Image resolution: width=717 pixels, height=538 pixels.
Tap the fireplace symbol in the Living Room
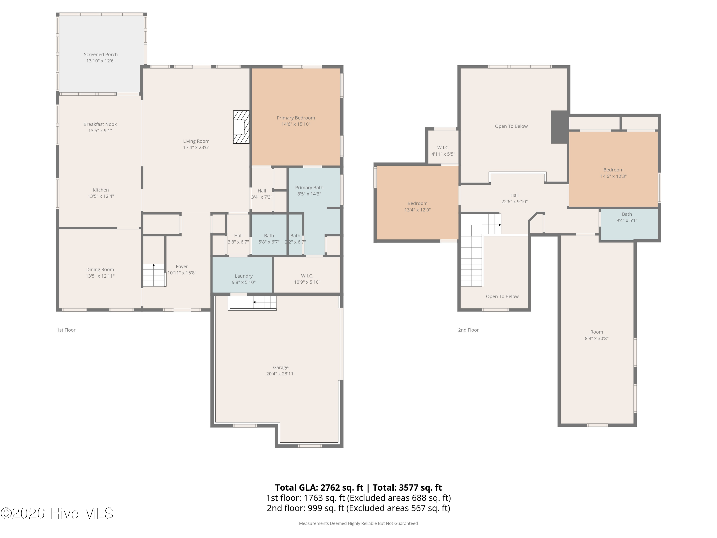coord(241,127)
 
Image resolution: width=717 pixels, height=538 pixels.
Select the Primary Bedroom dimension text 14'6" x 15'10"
coord(296,124)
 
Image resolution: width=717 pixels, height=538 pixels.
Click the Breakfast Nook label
coord(100,124)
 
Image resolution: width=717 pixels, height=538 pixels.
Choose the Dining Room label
coord(100,269)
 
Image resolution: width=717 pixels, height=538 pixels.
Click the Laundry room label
coord(244,276)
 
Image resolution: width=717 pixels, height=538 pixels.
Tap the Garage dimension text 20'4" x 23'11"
coord(281,373)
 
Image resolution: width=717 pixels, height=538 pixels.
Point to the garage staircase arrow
coord(255,302)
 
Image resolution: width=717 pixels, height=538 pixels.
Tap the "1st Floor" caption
coord(66,330)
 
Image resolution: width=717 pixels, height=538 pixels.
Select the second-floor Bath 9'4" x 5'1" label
coord(627,217)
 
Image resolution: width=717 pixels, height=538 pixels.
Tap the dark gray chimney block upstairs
coord(560,127)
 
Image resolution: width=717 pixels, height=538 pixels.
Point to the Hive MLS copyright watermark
coord(57,513)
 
